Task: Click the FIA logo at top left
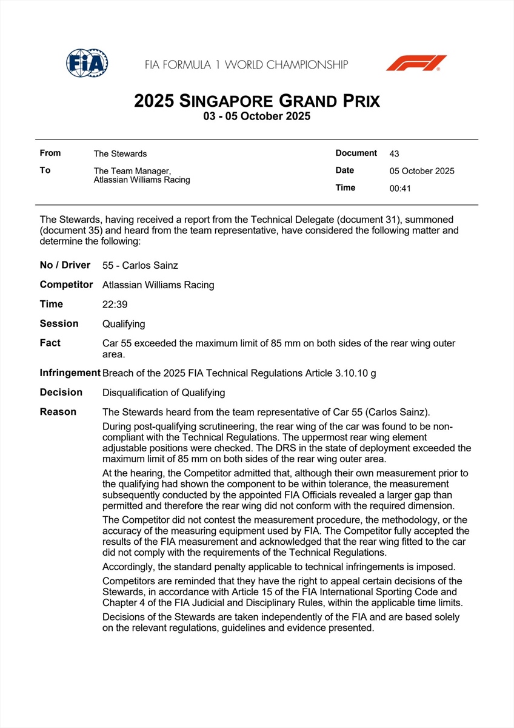(x=87, y=62)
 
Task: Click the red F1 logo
(x=416, y=63)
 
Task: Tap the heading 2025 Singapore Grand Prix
(x=257, y=100)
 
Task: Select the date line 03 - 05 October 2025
(x=257, y=116)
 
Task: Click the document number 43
(x=395, y=154)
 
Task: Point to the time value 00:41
(x=400, y=188)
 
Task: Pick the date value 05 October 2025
(x=422, y=171)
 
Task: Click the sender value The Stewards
(x=120, y=154)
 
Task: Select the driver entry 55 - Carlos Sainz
(x=140, y=266)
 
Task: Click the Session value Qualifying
(x=124, y=324)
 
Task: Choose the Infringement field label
(x=70, y=373)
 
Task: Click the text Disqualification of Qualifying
(x=164, y=393)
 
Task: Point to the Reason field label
(x=58, y=412)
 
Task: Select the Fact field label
(x=50, y=343)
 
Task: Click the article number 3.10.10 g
(x=355, y=373)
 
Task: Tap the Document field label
(x=356, y=153)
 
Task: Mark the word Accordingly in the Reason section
(x=131, y=567)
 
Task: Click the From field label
(x=50, y=153)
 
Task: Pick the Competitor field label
(x=66, y=285)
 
